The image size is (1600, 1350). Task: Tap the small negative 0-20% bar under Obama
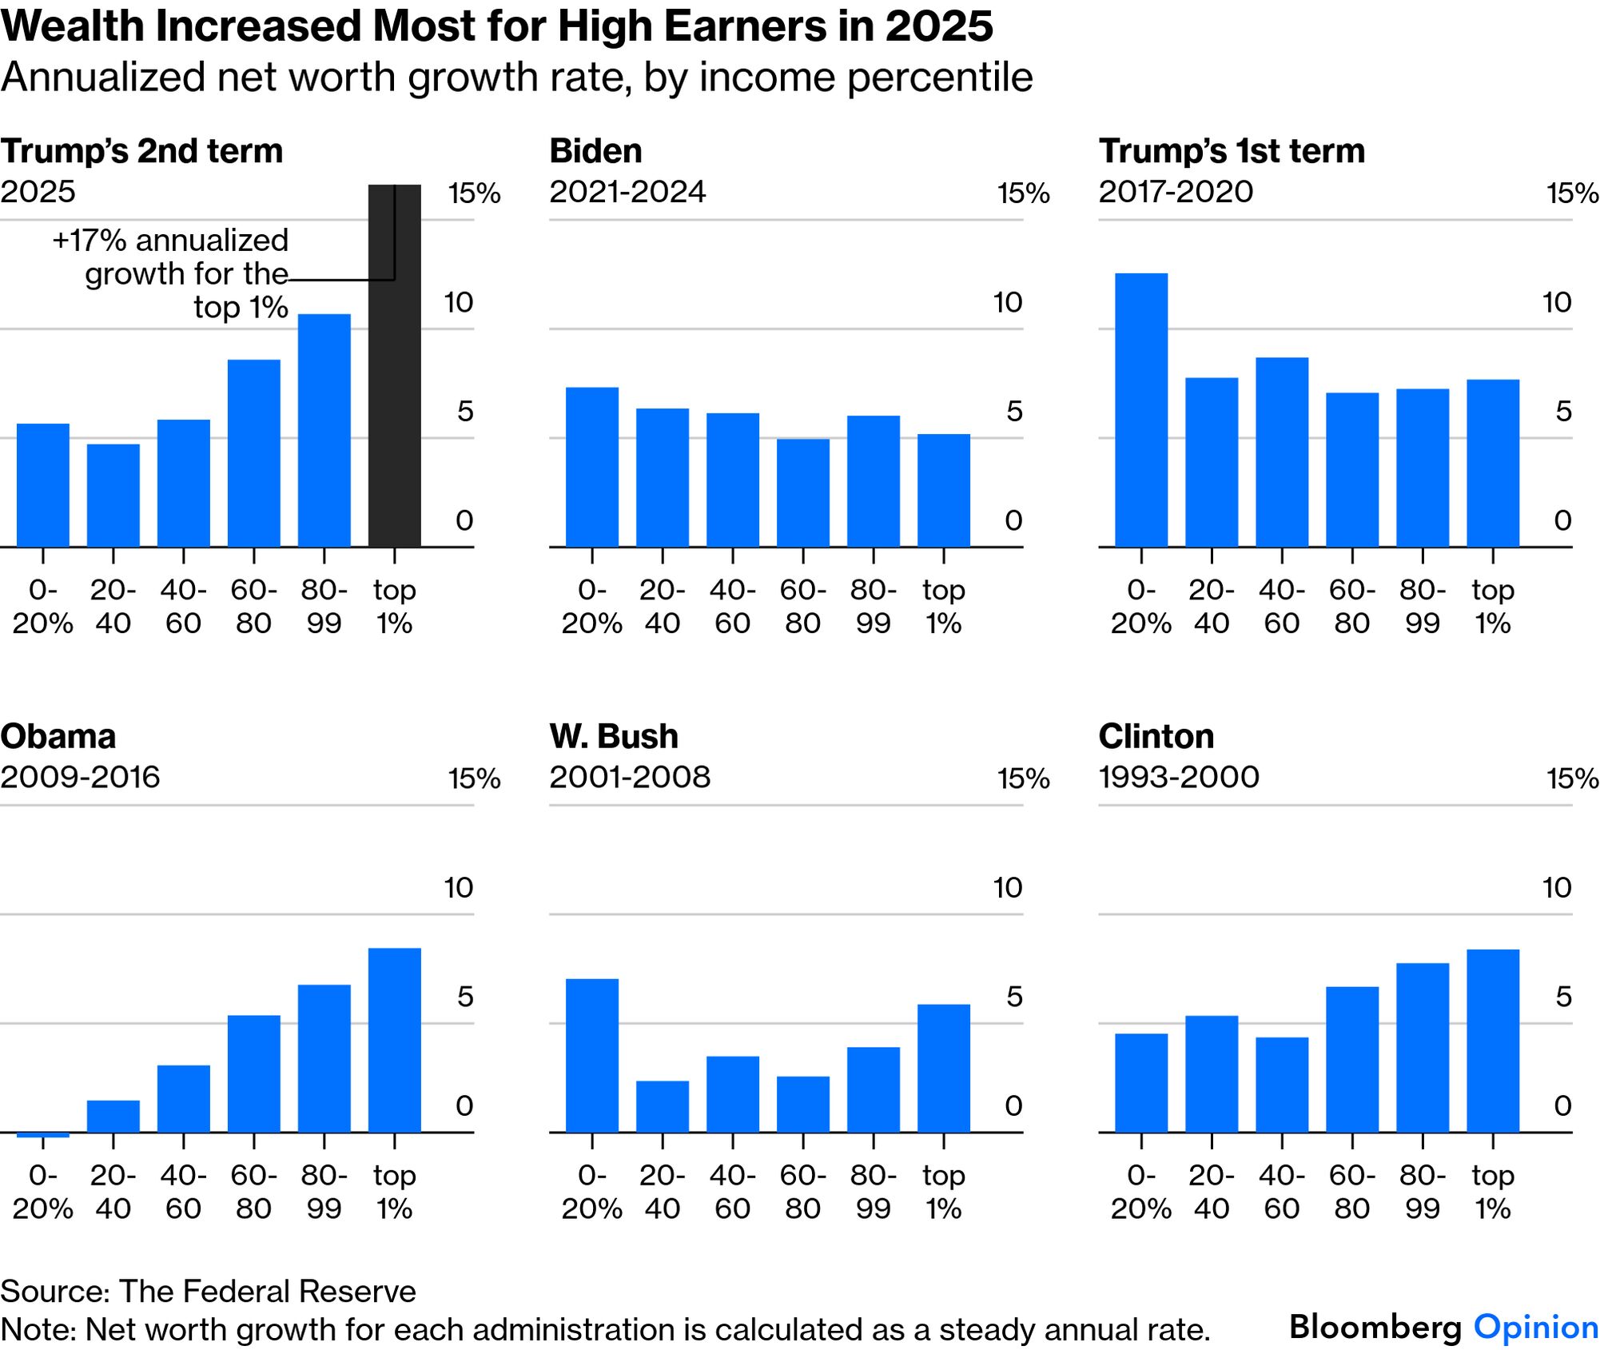pos(42,1134)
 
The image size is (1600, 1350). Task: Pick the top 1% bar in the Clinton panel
pos(1492,1041)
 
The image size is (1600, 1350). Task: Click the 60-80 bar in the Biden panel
pos(802,492)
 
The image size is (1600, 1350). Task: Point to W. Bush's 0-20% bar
pos(591,1055)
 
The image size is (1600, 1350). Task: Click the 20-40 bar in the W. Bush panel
pos(662,1106)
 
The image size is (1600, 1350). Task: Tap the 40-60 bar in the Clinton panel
pos(1281,1085)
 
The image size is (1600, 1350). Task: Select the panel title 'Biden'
pos(595,151)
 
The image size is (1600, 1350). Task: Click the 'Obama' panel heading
pos(58,736)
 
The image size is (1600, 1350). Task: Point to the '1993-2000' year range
pos(1179,777)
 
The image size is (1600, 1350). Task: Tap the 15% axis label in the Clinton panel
pos(1572,779)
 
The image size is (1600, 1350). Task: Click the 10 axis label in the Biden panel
pos(1007,302)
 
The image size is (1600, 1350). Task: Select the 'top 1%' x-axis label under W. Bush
pos(943,1192)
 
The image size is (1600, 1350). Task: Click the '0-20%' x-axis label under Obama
pos(42,1192)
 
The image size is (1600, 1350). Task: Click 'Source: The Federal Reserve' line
pos(208,1291)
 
